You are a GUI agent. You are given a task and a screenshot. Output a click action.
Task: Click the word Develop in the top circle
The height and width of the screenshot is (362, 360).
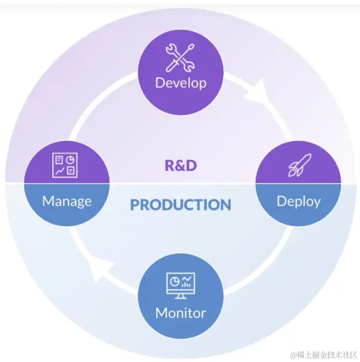tap(180, 82)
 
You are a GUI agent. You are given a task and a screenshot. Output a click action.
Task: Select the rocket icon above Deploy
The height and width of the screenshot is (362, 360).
tap(298, 165)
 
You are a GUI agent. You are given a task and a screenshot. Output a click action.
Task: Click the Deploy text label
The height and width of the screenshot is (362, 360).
tap(298, 201)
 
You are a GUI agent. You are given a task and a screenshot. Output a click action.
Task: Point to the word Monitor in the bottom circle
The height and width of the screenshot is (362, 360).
tap(180, 313)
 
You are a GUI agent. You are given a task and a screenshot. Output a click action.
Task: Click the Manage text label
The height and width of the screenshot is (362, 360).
tap(67, 201)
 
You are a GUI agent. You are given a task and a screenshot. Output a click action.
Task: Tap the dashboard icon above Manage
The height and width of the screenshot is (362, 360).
tap(65, 165)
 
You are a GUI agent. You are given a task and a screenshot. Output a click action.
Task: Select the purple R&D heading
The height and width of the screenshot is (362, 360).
tap(180, 165)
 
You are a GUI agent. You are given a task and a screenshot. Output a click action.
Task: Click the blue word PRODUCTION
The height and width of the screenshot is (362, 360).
tap(180, 205)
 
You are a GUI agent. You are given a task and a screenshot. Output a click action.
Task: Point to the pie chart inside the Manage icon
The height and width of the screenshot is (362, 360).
tap(70, 160)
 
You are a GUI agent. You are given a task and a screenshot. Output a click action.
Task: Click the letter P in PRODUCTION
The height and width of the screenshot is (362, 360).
tap(135, 205)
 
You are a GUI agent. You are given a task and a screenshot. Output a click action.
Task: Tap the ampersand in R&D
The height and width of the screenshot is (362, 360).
tap(180, 165)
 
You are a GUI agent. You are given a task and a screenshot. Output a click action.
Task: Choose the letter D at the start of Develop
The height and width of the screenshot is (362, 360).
tap(160, 82)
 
